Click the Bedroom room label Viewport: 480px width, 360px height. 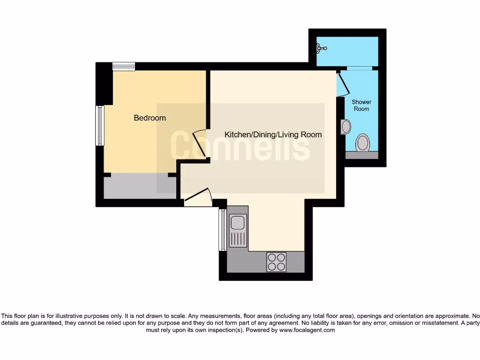tap(150, 118)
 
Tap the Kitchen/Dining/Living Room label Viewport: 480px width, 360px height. tap(273, 135)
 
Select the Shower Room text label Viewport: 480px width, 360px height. tap(361, 105)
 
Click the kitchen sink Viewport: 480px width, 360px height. tap(238, 221)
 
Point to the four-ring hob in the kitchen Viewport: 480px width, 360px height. tap(276, 262)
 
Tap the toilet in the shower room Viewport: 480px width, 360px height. tap(363, 142)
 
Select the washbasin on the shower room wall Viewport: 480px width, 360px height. tap(346, 127)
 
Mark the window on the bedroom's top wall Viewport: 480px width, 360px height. tap(124, 67)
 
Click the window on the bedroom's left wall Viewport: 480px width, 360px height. tap(100, 125)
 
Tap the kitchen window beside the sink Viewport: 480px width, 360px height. tap(222, 230)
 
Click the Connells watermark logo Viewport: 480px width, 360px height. tap(240, 147)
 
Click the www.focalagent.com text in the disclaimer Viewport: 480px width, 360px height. tap(307, 330)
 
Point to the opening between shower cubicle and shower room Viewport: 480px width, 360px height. tap(359, 68)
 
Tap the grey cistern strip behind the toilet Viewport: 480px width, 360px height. tap(361, 155)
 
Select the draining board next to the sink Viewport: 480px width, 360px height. tap(238, 239)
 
